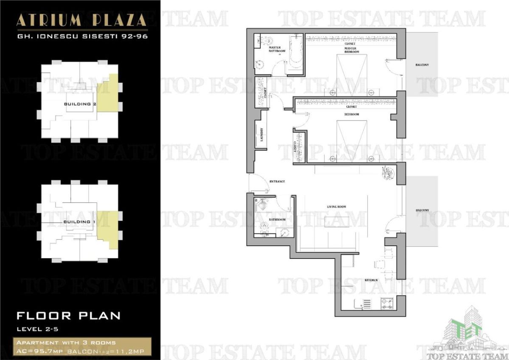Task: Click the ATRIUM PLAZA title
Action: coord(81,20)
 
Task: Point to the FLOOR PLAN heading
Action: coord(68,316)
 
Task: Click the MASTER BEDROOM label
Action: coord(352,50)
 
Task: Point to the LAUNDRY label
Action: coord(262,135)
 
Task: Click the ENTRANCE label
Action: coord(277,182)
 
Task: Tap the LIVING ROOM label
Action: coord(336,207)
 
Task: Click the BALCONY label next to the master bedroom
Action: coord(422,65)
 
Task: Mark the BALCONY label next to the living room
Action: coord(422,211)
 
